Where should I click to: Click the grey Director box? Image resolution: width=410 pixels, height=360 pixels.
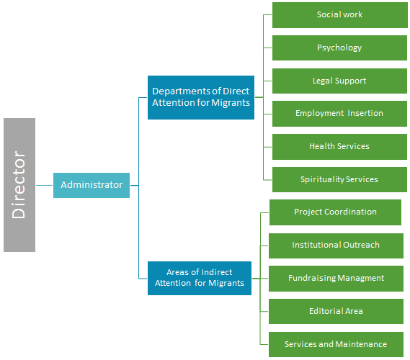19,185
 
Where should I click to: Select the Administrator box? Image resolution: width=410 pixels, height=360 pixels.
92,185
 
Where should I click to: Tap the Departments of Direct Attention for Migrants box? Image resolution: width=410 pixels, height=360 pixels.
201,97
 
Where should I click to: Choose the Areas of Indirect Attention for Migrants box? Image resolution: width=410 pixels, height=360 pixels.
200,278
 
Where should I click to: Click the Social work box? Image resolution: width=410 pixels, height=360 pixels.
340,15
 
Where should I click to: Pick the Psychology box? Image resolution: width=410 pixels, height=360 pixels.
339,48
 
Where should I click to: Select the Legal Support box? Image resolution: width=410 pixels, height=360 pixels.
339,81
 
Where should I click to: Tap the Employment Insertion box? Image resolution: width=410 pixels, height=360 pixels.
339,114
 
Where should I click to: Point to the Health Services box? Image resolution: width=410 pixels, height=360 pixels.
339,147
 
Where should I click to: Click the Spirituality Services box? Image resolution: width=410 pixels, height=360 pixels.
339,180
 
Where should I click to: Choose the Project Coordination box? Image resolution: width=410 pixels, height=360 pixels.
335,212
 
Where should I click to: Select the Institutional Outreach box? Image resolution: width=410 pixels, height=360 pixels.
336,246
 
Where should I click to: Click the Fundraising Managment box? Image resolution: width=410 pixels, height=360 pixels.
336,279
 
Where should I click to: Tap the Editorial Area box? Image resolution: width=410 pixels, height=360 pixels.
336,312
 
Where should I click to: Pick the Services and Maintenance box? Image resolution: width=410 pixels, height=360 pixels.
336,344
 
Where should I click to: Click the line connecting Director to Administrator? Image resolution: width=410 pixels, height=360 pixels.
45,186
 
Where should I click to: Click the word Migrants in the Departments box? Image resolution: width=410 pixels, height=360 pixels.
231,103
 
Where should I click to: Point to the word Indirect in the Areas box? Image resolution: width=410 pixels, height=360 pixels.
217,272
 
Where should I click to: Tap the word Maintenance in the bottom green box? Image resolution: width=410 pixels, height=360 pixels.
361,344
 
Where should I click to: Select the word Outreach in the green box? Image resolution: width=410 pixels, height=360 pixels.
361,245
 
